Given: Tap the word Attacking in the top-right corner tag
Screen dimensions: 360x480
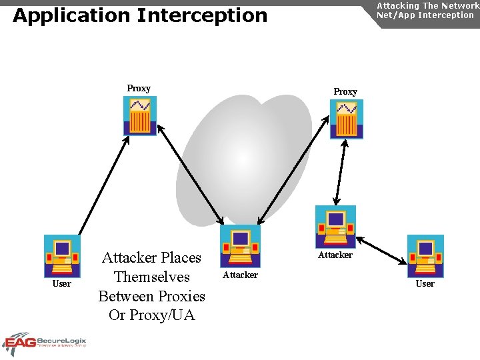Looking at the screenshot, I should (398, 5).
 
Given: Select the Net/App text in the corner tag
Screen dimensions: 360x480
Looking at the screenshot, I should (395, 15).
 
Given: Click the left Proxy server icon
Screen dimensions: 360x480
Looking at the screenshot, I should (140, 116).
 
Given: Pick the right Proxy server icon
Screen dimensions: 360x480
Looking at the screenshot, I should (347, 119).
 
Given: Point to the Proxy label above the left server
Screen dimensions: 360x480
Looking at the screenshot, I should (139, 88).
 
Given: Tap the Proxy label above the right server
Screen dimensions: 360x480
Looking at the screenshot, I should (345, 91).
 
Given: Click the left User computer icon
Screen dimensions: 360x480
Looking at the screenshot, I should (62, 255).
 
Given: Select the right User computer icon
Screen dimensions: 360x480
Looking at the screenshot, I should (425, 255).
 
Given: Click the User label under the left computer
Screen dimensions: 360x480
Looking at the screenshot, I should (62, 283).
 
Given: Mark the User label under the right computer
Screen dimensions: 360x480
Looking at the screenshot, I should (425, 283).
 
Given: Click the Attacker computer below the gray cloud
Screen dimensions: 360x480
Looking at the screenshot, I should (240, 246).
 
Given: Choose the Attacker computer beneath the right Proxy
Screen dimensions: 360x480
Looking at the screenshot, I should (335, 227).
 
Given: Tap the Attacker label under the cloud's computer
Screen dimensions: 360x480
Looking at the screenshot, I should (240, 275).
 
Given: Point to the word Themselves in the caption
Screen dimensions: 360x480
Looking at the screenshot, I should (152, 277).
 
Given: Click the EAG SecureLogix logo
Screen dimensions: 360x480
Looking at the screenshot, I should (45, 342).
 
